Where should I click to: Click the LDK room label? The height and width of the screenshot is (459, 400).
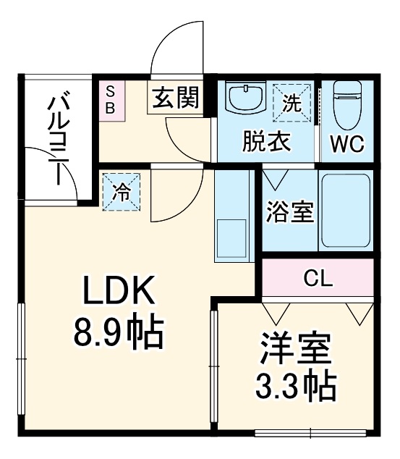tap(117, 292)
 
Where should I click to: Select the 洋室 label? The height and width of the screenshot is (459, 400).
tap(295, 350)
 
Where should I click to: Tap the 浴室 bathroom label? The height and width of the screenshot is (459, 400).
tap(289, 213)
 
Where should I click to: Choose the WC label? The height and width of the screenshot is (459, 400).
tap(347, 144)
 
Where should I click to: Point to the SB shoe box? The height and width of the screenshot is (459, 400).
tap(111, 99)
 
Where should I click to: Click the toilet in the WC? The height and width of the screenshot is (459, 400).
tap(346, 101)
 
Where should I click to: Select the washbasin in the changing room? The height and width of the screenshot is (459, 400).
tap(244, 98)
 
